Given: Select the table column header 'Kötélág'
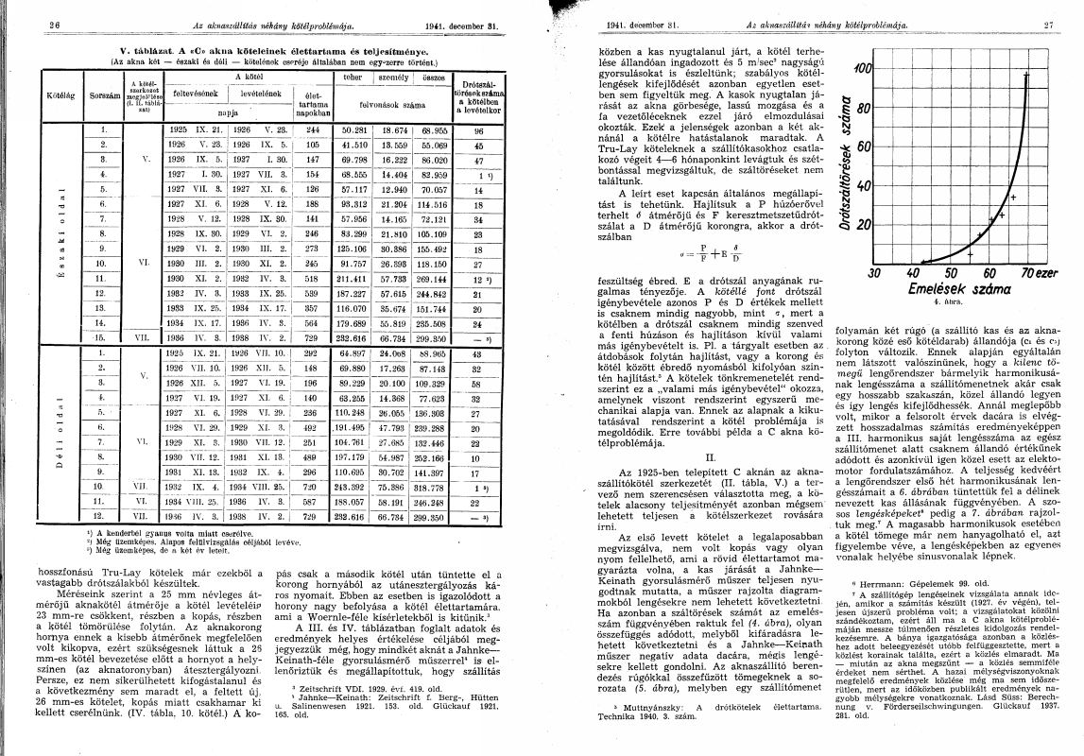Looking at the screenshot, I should pos(36,95).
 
